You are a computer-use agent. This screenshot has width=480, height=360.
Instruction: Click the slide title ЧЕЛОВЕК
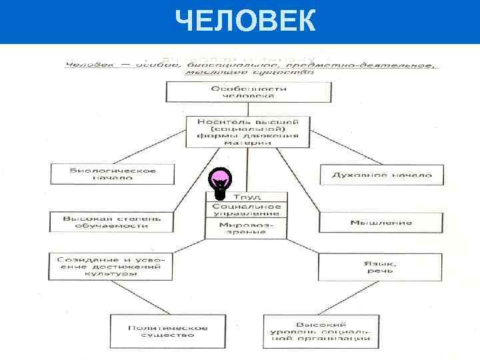[x=245, y=21]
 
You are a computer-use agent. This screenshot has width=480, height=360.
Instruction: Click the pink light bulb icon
[x=220, y=182]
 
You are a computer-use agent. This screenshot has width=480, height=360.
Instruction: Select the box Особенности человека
[x=248, y=92]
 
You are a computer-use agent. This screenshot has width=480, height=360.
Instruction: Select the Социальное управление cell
[x=247, y=210]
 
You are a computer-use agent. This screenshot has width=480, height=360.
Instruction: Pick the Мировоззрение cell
[x=247, y=229]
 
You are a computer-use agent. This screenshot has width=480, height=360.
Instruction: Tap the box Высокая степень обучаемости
[x=111, y=222]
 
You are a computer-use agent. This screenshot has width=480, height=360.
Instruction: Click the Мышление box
[x=381, y=222]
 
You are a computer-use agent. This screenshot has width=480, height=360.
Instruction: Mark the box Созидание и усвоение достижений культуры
[x=111, y=266]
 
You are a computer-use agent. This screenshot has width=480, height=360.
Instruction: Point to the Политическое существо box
[x=168, y=331]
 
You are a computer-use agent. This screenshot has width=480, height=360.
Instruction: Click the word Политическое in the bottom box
[x=168, y=327]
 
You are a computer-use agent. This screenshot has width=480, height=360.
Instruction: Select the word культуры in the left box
[x=111, y=274]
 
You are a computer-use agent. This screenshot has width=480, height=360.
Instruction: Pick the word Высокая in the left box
[x=82, y=218]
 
